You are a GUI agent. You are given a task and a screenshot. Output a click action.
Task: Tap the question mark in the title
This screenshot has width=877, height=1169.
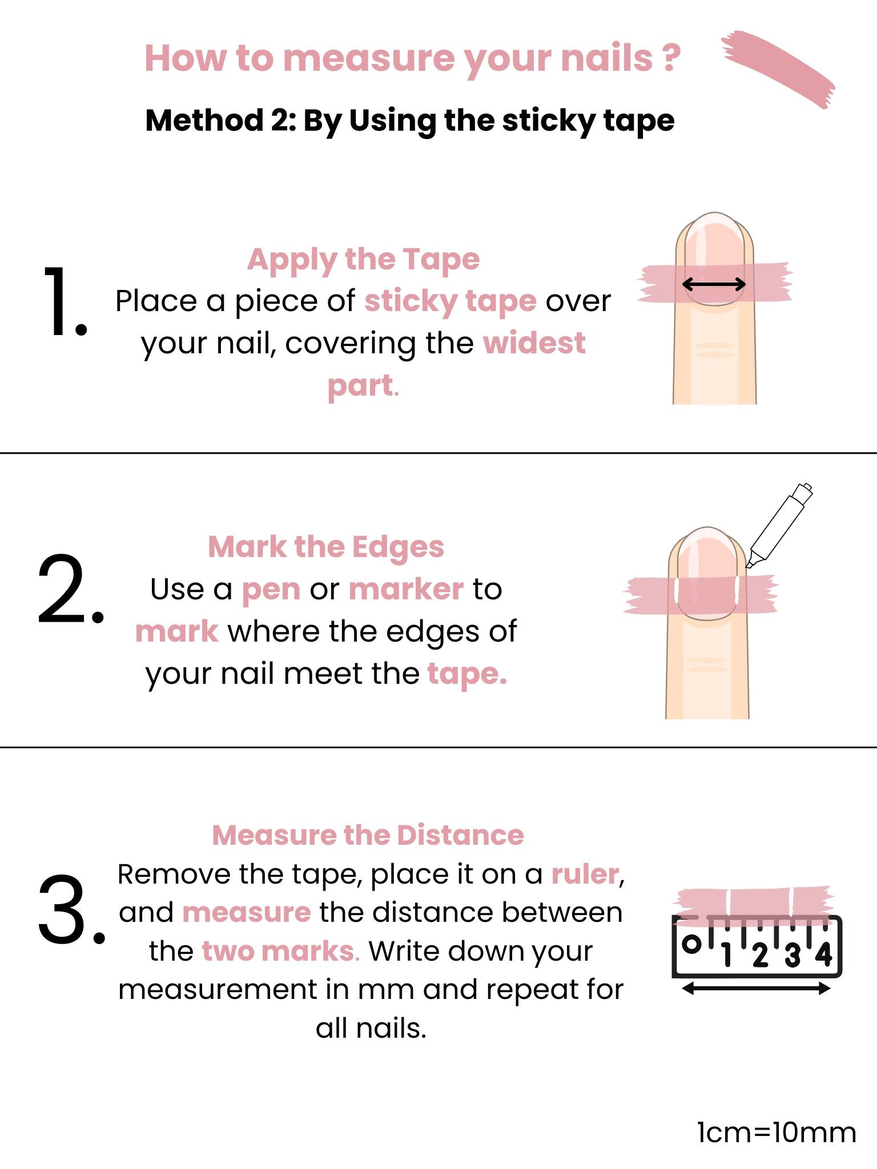[672, 57]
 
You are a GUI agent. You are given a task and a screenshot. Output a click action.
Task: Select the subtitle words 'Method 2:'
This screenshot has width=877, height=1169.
[220, 120]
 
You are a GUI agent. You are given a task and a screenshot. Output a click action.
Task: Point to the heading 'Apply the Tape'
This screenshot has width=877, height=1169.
[363, 260]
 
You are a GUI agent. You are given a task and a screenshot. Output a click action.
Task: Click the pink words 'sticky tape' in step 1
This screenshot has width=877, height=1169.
[450, 301]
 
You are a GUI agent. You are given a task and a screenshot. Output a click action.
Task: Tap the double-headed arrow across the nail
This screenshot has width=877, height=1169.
[714, 284]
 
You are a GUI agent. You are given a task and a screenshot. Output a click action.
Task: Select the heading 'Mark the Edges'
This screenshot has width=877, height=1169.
[326, 547]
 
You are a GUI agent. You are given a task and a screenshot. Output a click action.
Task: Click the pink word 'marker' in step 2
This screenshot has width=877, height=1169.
[406, 589]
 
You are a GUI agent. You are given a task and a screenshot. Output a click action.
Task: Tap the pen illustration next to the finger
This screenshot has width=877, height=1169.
[779, 526]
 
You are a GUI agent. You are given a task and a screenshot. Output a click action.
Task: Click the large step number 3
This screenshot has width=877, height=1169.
[72, 909]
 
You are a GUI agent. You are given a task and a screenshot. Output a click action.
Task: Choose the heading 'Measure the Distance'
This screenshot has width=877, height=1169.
[368, 835]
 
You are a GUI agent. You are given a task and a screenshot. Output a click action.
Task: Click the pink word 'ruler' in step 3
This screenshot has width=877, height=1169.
[585, 874]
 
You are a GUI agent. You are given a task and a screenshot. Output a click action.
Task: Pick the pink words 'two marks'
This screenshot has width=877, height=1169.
[279, 952]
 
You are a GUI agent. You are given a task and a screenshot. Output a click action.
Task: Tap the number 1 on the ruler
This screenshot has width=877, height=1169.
[727, 954]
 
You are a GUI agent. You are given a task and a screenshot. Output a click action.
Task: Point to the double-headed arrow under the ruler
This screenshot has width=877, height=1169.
[756, 989]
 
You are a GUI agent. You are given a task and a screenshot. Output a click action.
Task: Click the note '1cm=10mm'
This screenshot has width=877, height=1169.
[777, 1132]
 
